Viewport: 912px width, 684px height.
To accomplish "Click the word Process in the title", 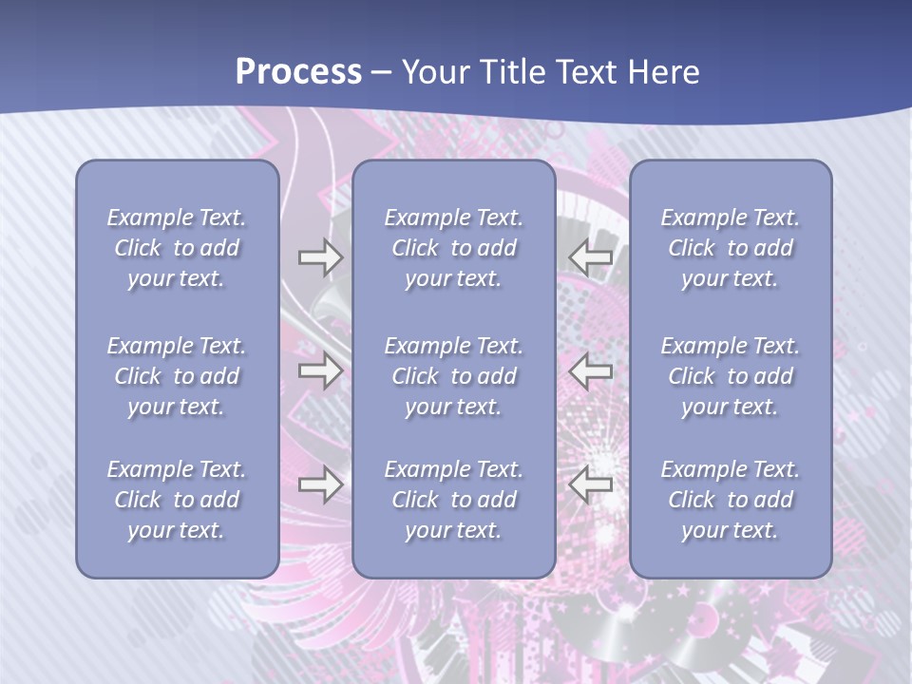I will pyautogui.click(x=298, y=72).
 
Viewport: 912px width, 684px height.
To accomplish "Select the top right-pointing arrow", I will pyautogui.click(x=320, y=257).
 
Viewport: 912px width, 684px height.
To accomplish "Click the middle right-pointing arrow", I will pyautogui.click(x=320, y=370).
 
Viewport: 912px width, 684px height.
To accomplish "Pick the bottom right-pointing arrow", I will pyautogui.click(x=320, y=484).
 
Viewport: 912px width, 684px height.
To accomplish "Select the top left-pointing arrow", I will pyautogui.click(x=591, y=257).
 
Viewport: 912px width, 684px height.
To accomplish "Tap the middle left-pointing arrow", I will pyautogui.click(x=591, y=370).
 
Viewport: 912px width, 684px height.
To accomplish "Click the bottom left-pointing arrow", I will pyautogui.click(x=591, y=484).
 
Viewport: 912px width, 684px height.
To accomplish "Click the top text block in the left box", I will pyautogui.click(x=177, y=248).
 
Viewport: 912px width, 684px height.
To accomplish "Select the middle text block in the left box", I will pyautogui.click(x=177, y=376).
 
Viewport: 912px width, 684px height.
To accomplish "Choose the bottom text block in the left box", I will pyautogui.click(x=177, y=500).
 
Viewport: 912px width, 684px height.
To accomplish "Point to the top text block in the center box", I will pyautogui.click(x=453, y=248).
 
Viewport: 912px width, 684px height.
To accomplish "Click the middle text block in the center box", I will pyautogui.click(x=453, y=376).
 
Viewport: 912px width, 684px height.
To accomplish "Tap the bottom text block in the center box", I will pyautogui.click(x=453, y=500).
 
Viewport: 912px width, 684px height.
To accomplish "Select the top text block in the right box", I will pyautogui.click(x=730, y=248).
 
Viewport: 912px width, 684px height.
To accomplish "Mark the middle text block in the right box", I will pyautogui.click(x=730, y=376).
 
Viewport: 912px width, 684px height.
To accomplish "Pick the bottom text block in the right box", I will pyautogui.click(x=730, y=500).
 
